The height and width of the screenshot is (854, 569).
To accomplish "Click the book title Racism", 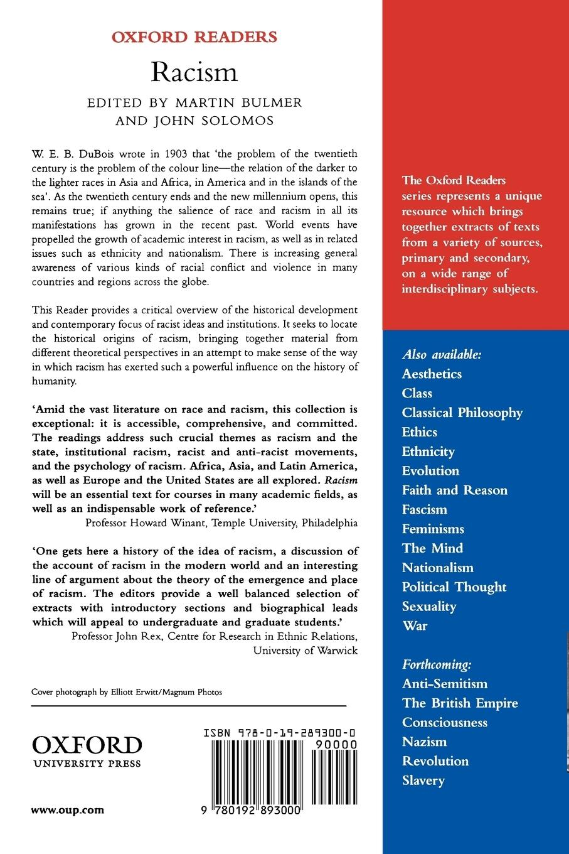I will (194, 72).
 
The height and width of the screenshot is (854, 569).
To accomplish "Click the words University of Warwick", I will (306, 651).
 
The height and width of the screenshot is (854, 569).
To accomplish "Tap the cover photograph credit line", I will (127, 692).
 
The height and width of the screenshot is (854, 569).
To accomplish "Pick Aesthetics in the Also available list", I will (432, 374).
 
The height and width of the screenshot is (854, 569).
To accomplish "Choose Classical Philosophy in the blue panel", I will (462, 413).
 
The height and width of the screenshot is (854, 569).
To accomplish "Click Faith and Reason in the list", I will (454, 490).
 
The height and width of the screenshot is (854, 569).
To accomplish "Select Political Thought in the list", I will (454, 587).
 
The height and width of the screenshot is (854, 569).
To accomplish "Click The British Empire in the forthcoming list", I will (460, 703).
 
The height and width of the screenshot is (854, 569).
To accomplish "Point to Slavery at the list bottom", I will (423, 781).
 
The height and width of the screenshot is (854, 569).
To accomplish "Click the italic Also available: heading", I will (442, 354).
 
